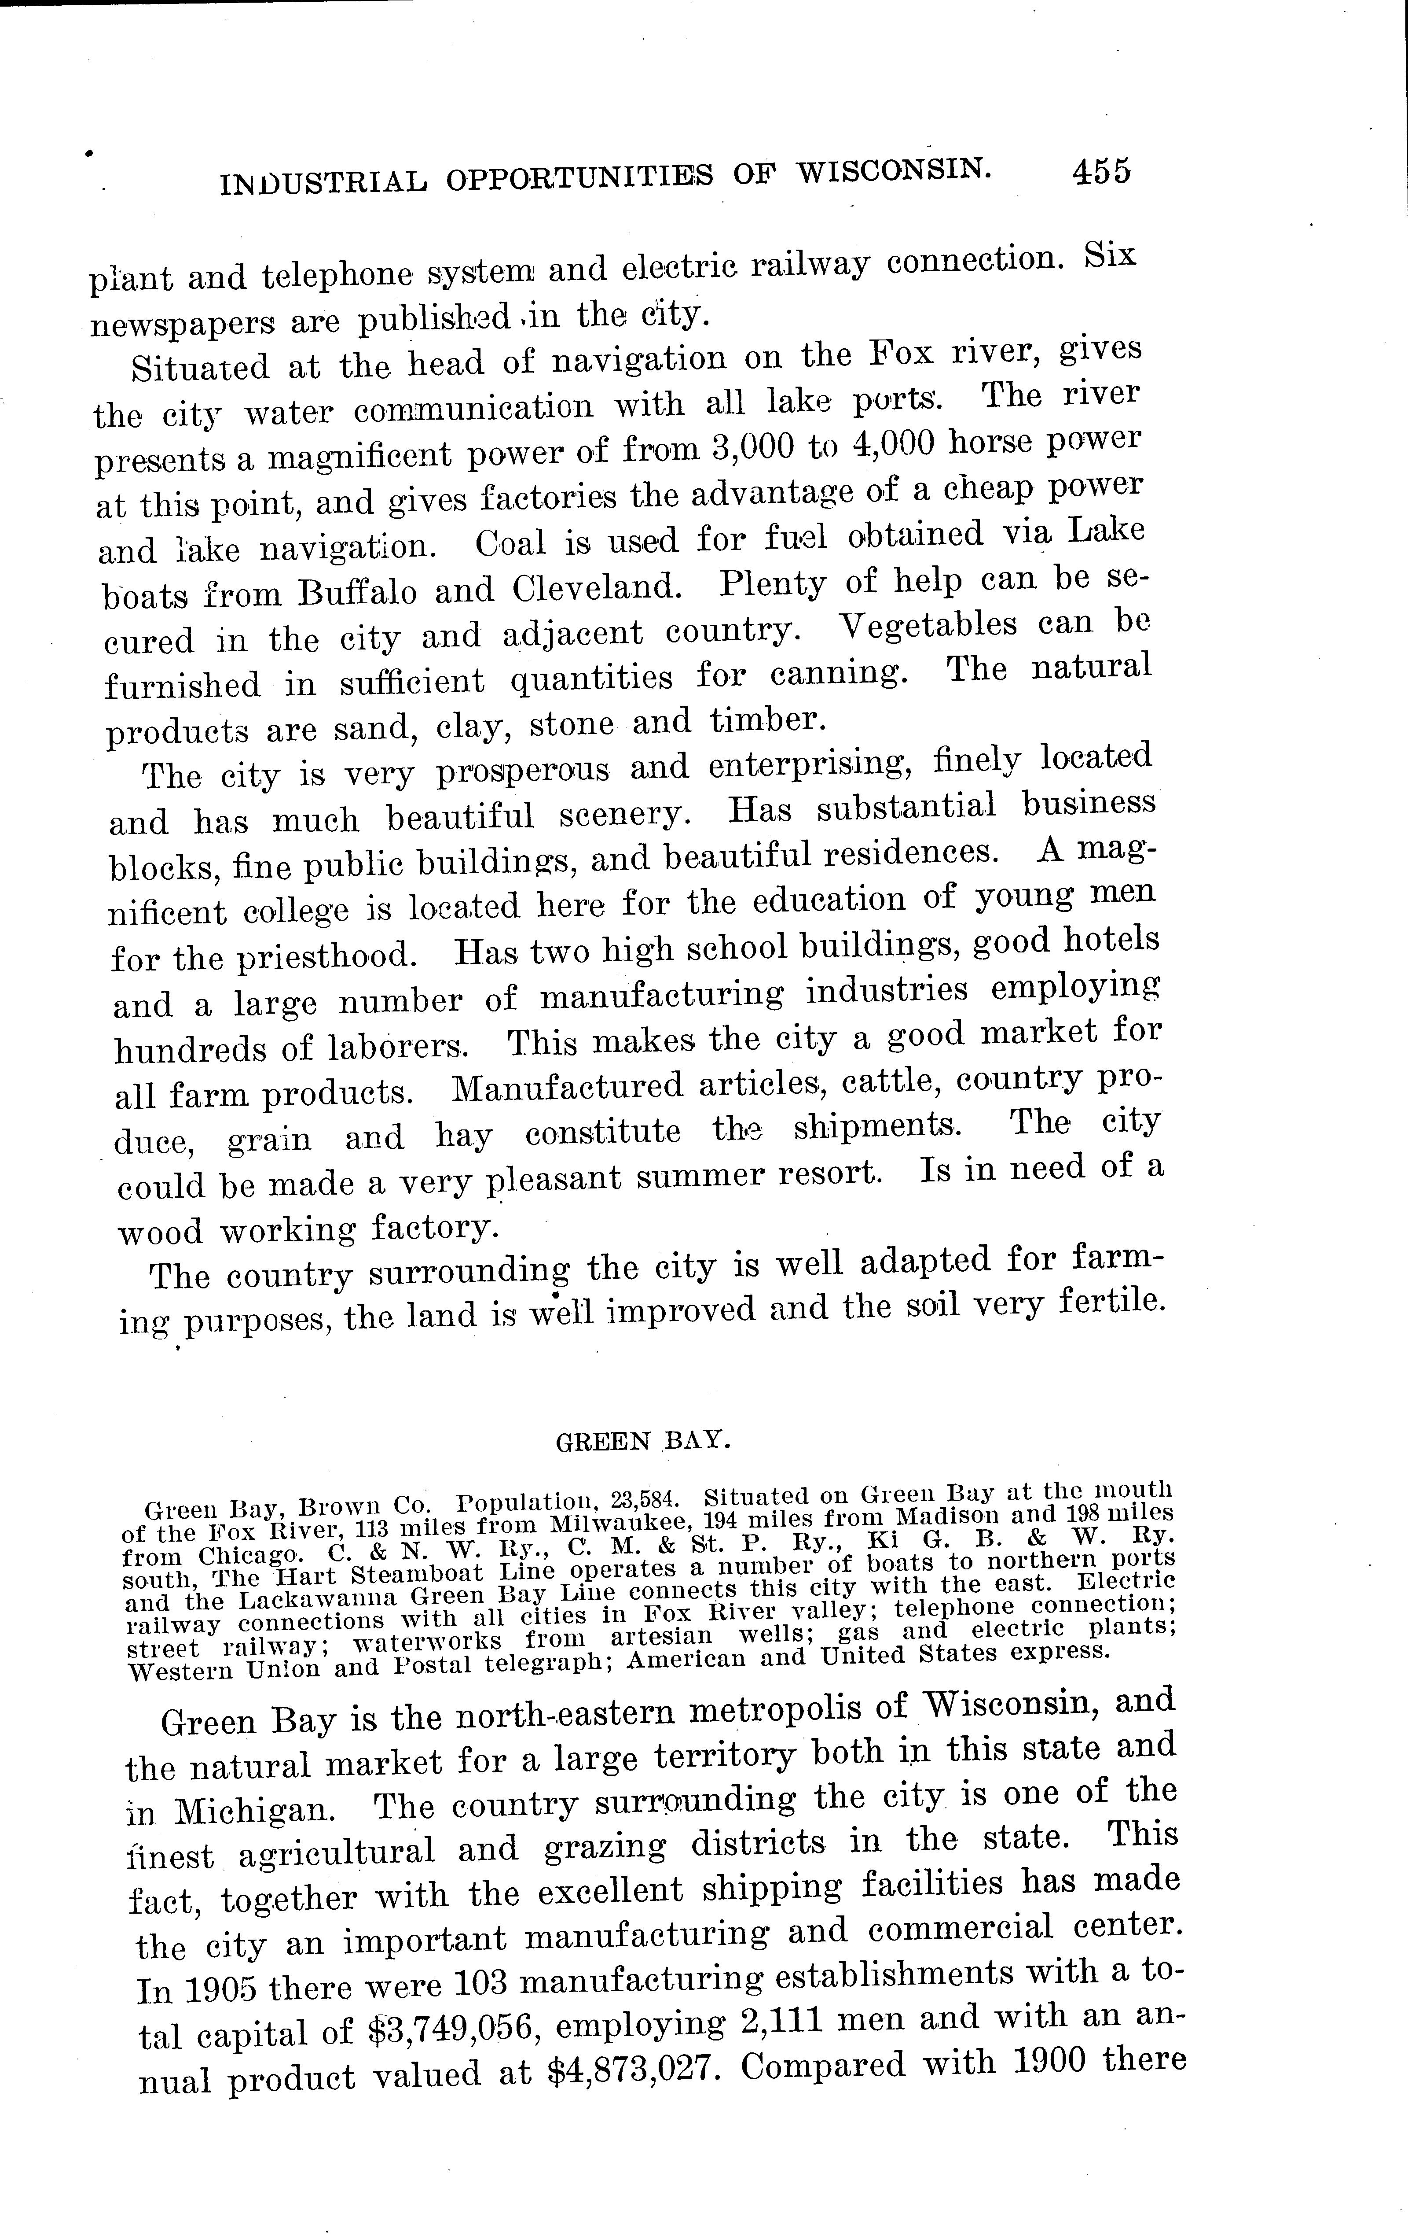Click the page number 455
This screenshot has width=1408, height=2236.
1101,173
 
